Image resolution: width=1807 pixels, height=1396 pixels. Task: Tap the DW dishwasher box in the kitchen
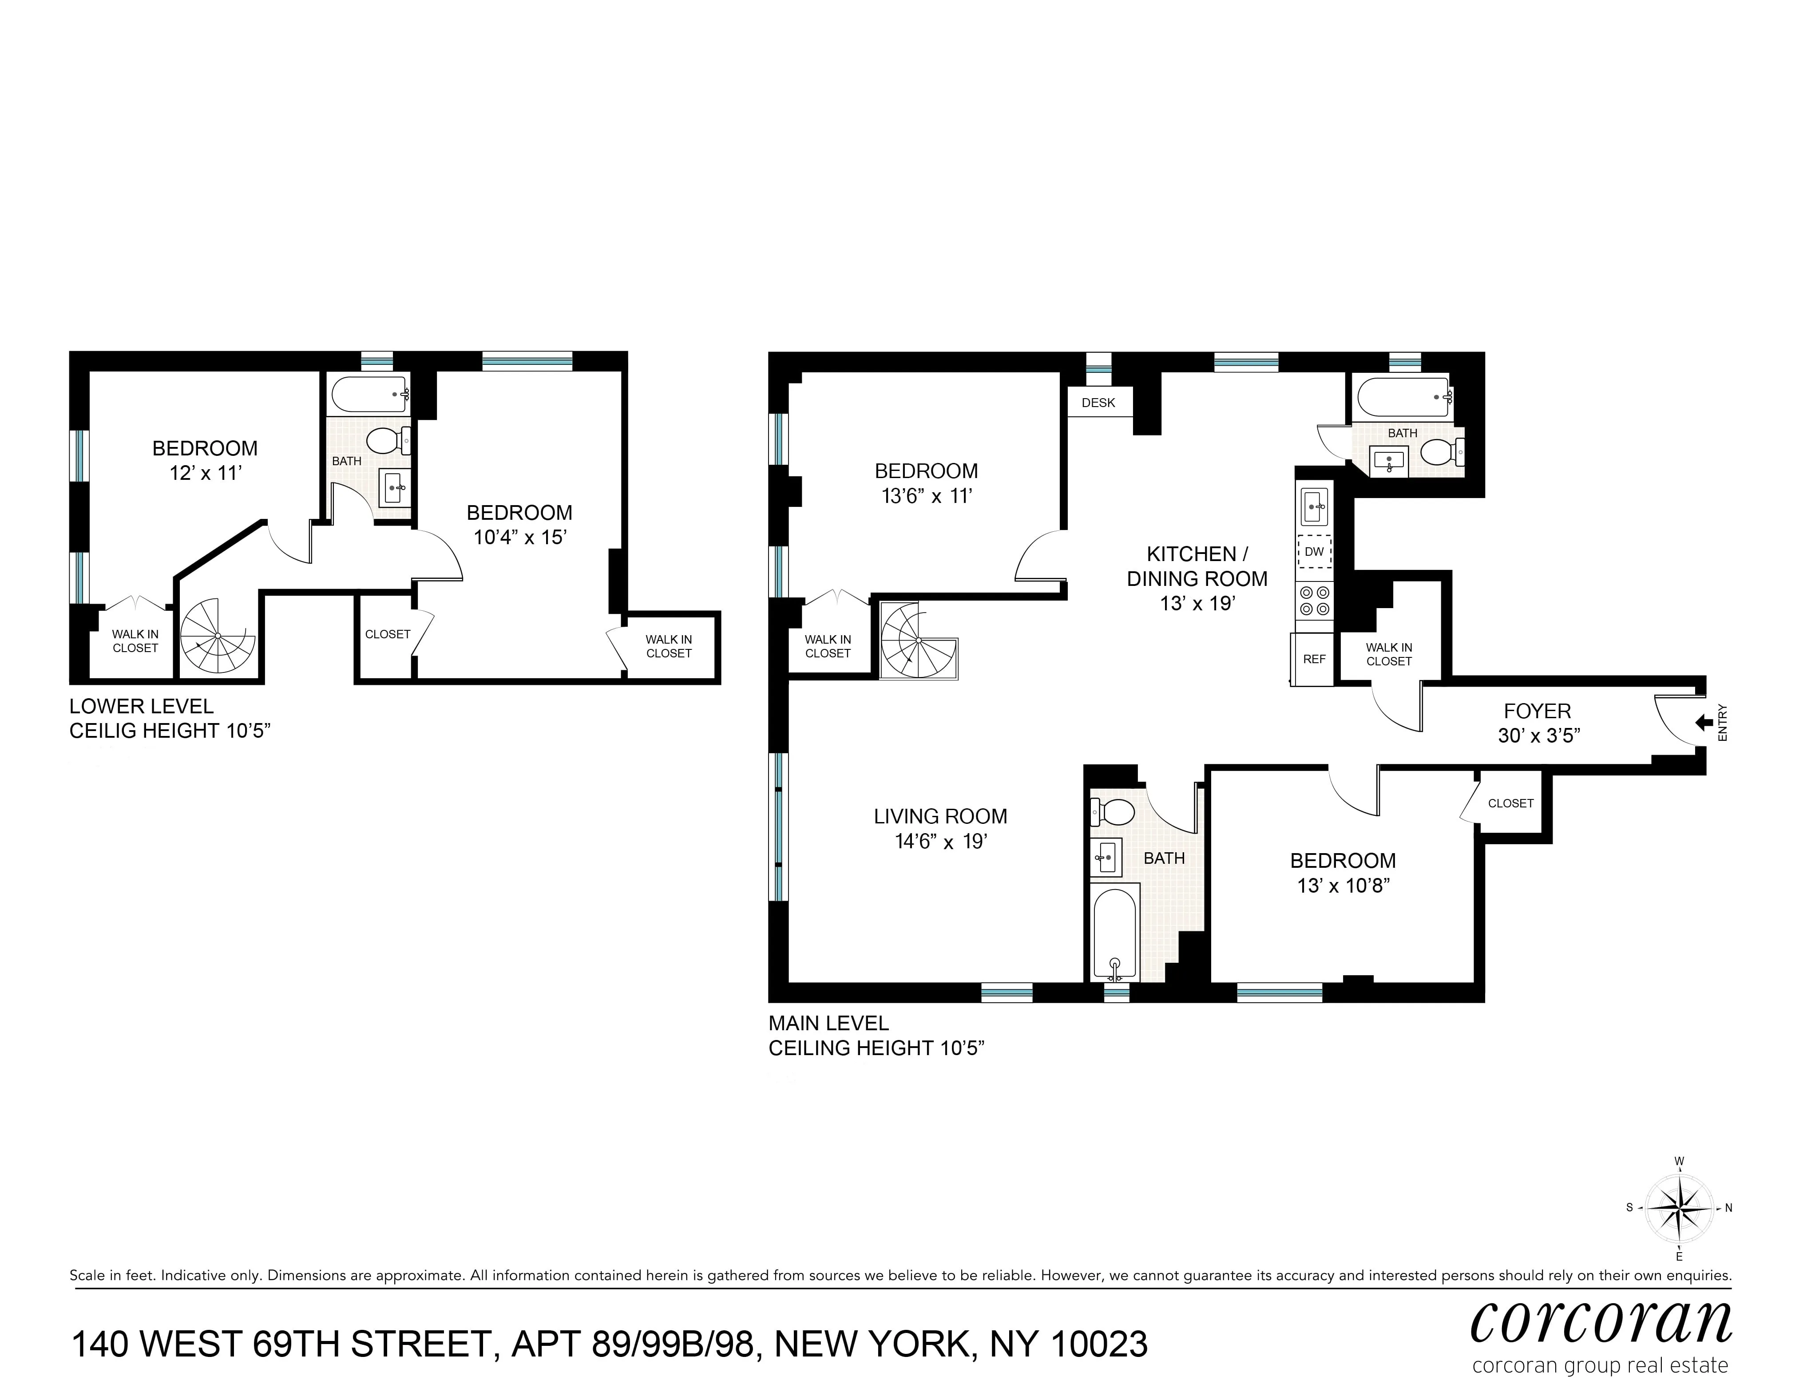1314,552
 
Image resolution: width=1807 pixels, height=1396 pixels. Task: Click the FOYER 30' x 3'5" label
1537,723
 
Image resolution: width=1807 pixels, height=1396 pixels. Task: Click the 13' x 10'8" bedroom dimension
1342,886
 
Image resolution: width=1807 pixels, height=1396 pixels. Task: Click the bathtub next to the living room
1114,933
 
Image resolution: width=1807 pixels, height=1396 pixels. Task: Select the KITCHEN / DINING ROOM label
1197,566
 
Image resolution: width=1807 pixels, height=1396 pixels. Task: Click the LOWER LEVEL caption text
142,706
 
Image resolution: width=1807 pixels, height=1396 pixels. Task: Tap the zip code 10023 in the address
1099,1345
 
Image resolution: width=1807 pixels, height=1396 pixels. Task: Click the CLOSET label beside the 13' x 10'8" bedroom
1510,803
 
